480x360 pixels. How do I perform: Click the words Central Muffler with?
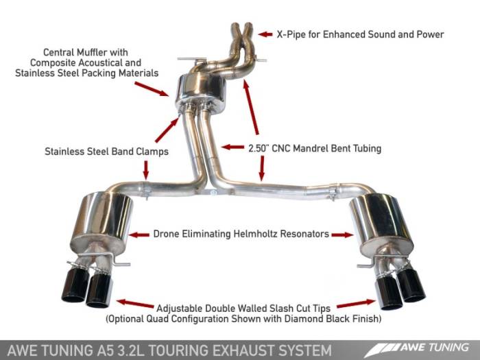(x=86, y=51)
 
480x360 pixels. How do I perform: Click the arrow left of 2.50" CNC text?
(x=233, y=147)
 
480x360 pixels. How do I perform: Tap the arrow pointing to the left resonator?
(x=139, y=235)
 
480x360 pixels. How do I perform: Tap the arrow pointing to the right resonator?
(x=341, y=235)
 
